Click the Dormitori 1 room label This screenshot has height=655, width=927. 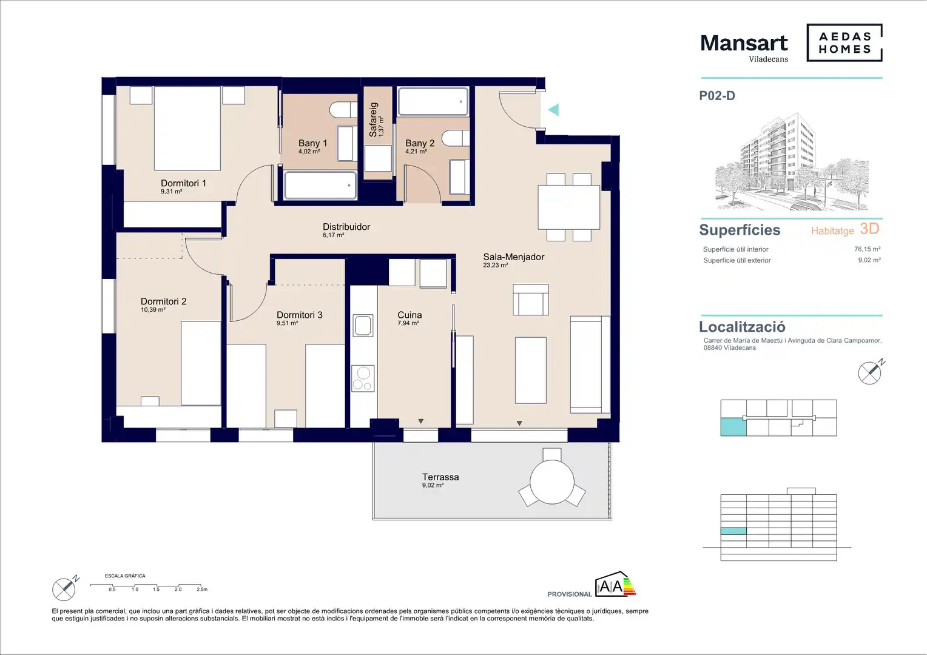[x=183, y=183]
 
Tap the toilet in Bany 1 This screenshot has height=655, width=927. [x=343, y=110]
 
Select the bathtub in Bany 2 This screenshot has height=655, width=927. [x=433, y=101]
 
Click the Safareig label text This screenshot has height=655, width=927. [x=373, y=119]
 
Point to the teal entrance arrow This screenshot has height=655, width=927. [x=554, y=110]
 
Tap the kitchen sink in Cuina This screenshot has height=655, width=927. [x=363, y=325]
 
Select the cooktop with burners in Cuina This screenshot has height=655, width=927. [x=363, y=378]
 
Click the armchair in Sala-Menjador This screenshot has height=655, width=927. [x=531, y=300]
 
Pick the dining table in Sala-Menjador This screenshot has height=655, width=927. [x=568, y=207]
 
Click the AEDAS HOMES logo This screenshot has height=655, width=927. [x=844, y=42]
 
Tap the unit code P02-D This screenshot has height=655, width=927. [x=717, y=96]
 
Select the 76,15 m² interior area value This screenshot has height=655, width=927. [x=868, y=249]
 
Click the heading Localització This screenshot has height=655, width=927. [x=742, y=326]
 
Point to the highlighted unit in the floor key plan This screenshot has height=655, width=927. [x=733, y=426]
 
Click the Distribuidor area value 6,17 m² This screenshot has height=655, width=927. [x=334, y=235]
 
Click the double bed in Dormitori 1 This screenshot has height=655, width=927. [x=187, y=128]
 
